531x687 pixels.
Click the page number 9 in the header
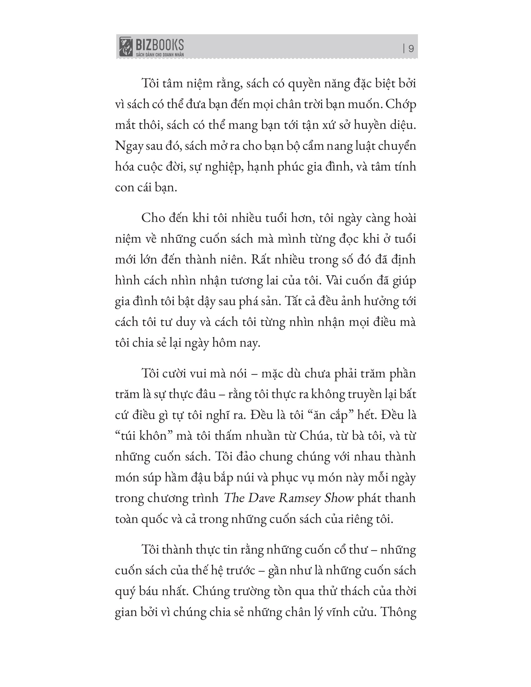point(411,49)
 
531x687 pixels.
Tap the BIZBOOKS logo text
point(160,45)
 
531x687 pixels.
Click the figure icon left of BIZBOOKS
point(126,47)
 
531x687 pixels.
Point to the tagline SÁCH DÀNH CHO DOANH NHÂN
point(160,55)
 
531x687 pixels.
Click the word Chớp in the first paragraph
point(400,104)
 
